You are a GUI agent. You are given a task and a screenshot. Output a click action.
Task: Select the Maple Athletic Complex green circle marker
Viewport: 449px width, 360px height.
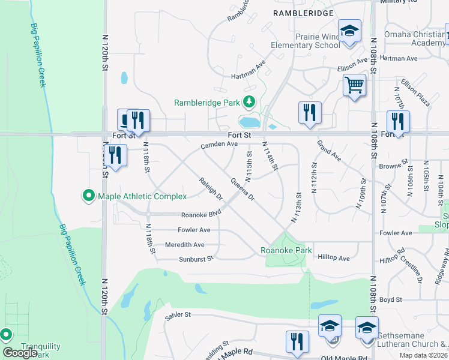coord(89,196)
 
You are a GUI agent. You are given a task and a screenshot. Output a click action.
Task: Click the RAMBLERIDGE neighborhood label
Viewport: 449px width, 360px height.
coord(303,12)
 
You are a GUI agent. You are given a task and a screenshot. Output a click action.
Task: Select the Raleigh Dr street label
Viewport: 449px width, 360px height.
coord(211,189)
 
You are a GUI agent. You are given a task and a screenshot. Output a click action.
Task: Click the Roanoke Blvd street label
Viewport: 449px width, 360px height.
coord(201,214)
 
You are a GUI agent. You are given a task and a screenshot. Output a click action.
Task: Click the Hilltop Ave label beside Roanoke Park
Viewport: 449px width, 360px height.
coord(333,259)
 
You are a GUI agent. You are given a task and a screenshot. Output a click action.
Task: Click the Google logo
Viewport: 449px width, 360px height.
coord(20,352)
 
